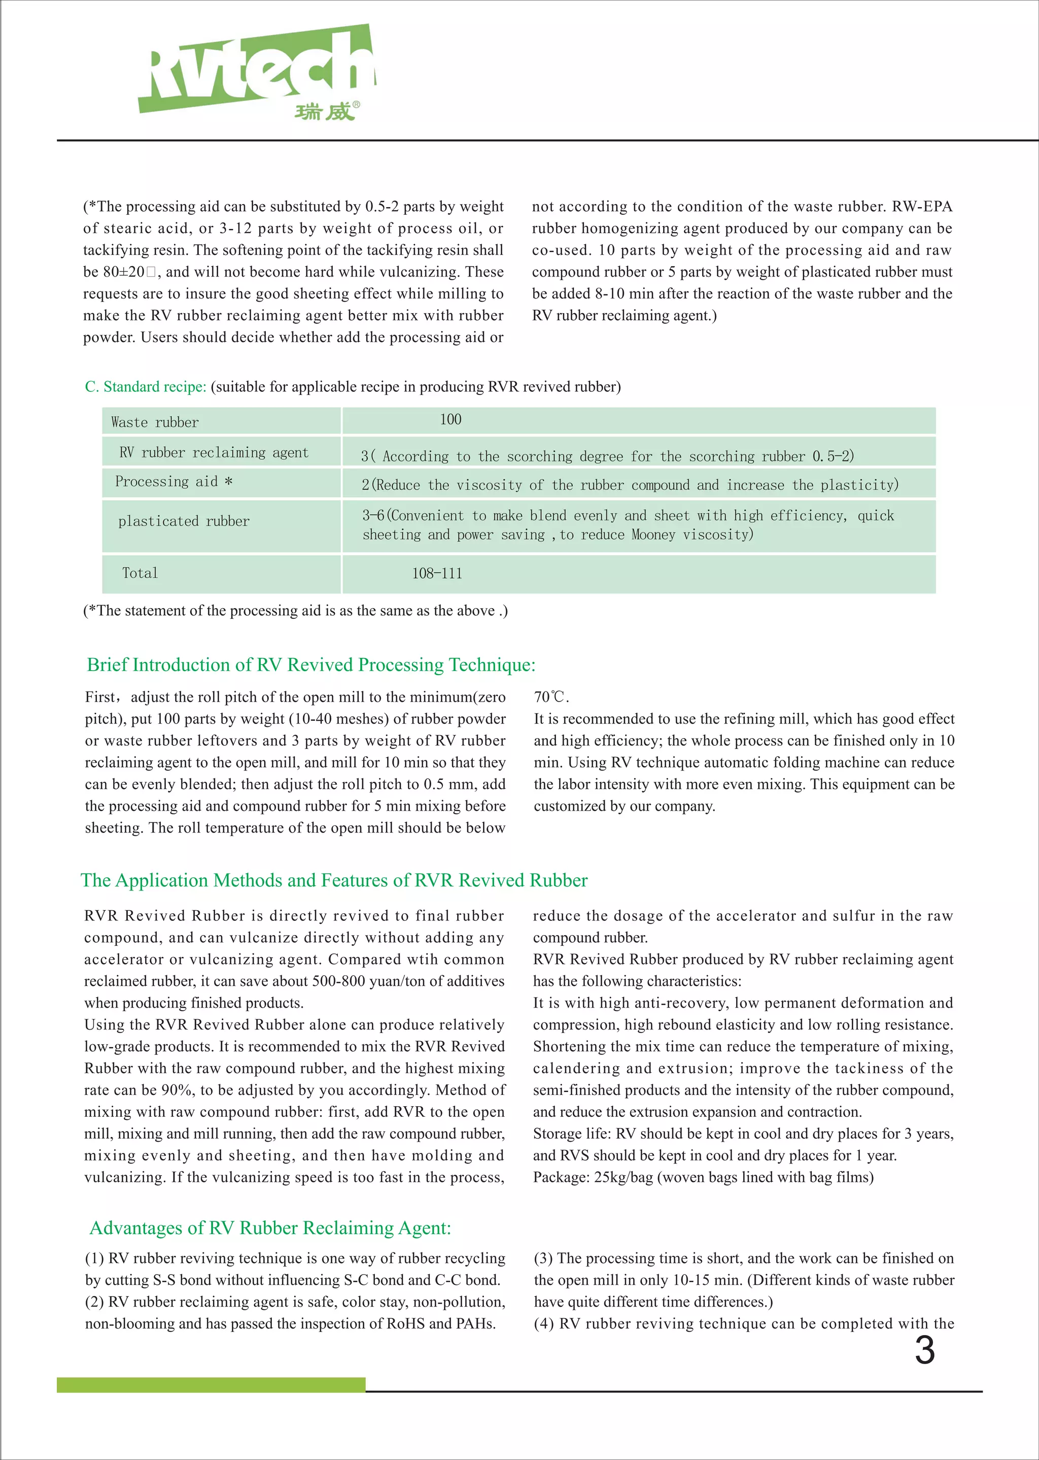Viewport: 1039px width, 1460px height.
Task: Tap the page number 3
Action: (924, 1350)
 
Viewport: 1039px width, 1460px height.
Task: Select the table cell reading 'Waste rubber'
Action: (155, 422)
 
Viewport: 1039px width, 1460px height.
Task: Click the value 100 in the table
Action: (451, 420)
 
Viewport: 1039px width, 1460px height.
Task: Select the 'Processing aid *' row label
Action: (174, 482)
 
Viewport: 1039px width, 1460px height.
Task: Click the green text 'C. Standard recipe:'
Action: (145, 387)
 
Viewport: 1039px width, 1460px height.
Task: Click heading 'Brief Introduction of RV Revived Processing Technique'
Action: (311, 665)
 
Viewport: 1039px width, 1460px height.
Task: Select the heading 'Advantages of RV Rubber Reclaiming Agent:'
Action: (270, 1227)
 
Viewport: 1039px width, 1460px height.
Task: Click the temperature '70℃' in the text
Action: (550, 697)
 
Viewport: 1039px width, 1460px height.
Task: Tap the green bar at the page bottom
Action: (211, 1385)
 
